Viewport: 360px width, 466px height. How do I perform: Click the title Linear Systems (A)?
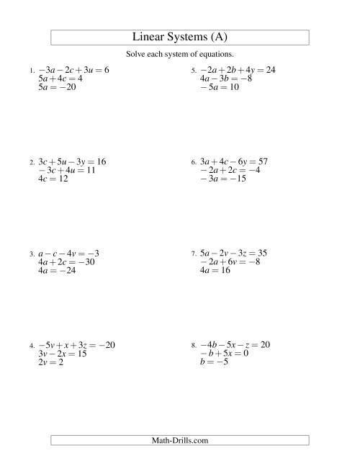pyautogui.click(x=180, y=37)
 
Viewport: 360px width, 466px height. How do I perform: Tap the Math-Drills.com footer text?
pyautogui.click(x=180, y=439)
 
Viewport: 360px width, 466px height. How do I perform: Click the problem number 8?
pyautogui.click(x=193, y=346)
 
